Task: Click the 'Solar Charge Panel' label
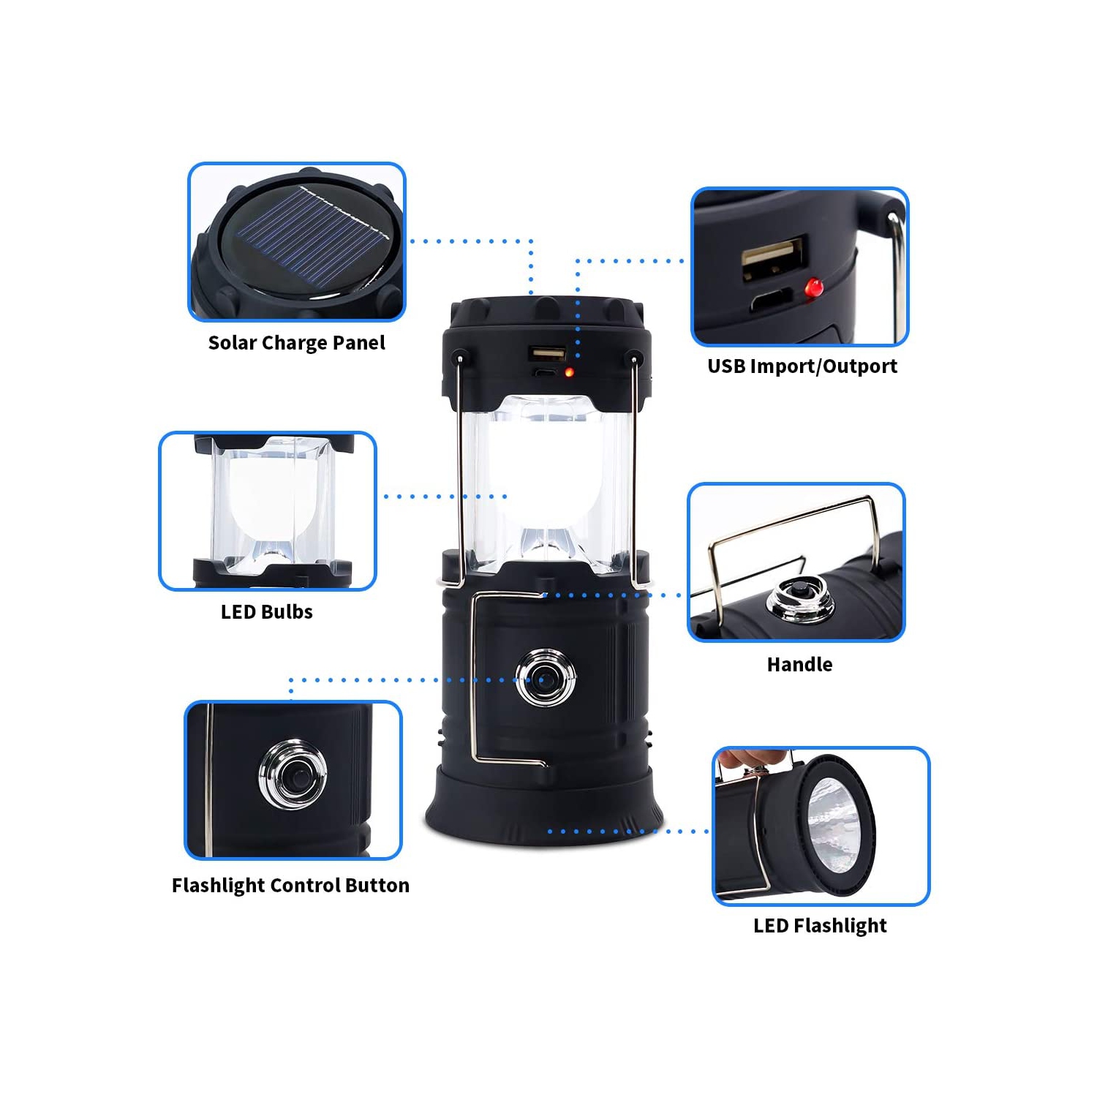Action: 296,343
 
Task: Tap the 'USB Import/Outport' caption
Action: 802,366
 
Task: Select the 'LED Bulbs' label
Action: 267,612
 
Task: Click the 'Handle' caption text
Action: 799,665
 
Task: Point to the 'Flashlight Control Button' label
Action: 290,886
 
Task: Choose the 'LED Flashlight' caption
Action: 820,926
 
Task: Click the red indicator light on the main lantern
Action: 569,372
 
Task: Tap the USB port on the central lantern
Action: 547,355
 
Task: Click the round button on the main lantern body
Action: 545,678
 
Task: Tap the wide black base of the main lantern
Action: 545,808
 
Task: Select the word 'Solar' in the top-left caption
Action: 232,343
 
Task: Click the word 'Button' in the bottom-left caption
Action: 377,886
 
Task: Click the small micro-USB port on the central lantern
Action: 545,372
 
